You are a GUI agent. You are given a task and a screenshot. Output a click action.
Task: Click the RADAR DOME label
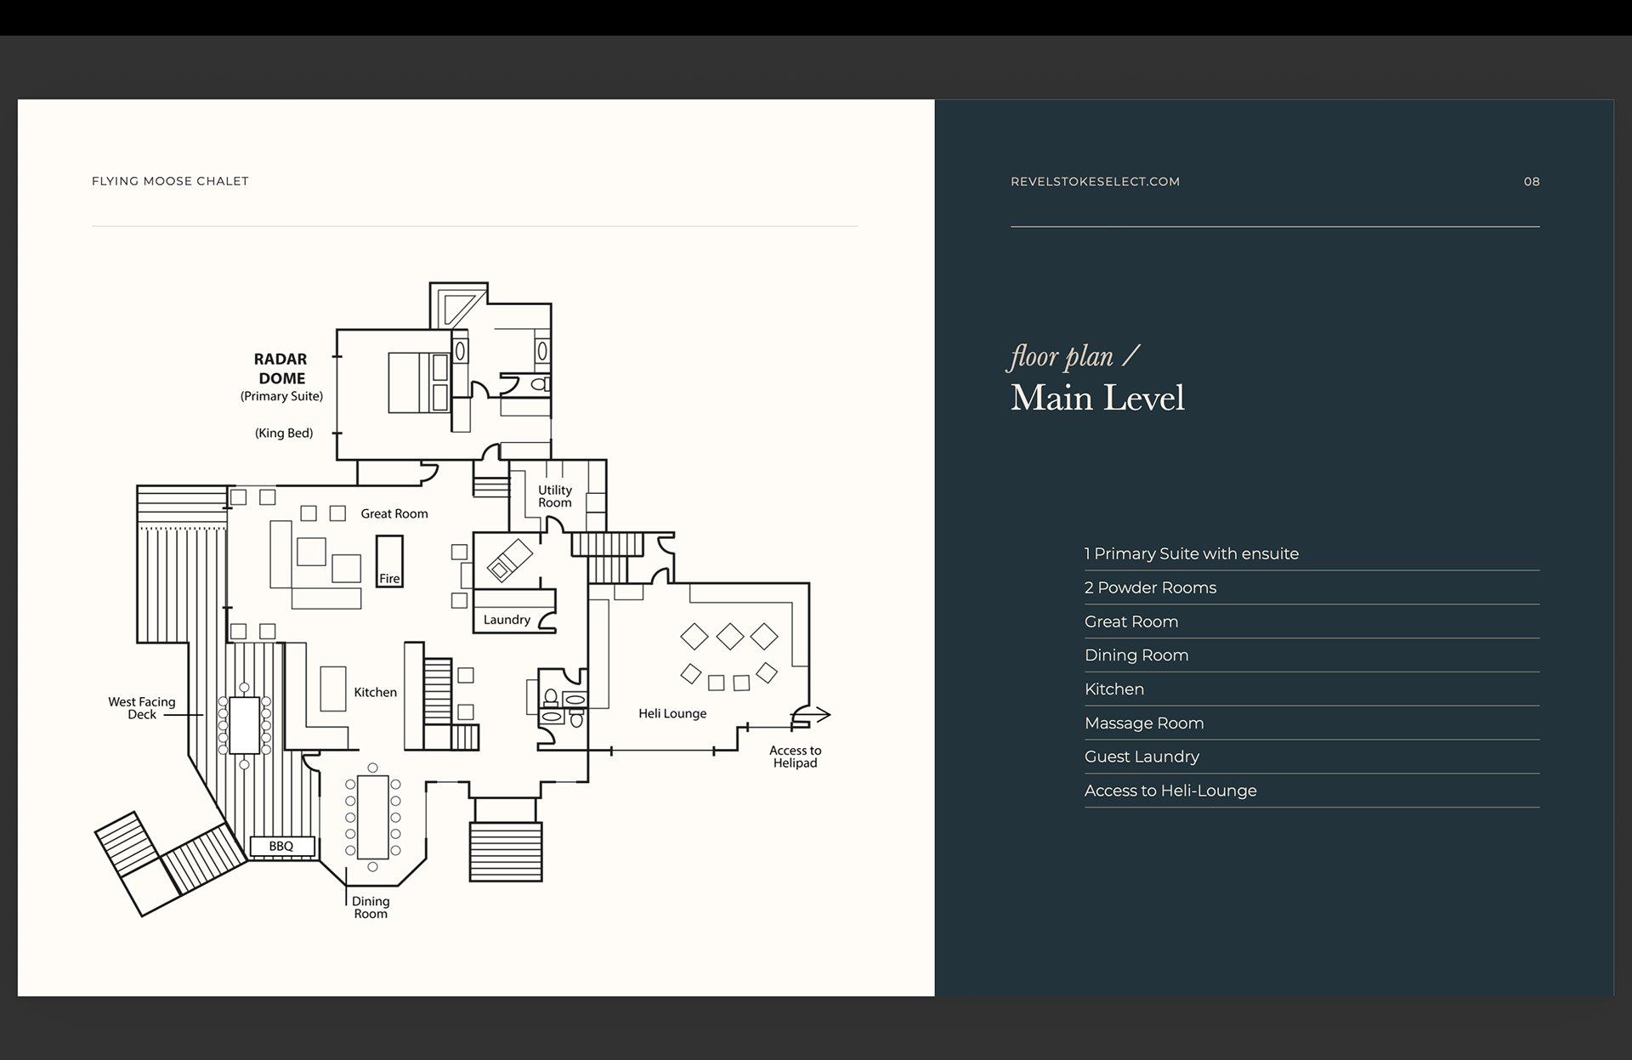[x=280, y=369]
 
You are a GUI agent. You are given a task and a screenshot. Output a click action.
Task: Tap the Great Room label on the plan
[x=394, y=513]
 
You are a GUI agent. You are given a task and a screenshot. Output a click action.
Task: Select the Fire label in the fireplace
[x=389, y=579]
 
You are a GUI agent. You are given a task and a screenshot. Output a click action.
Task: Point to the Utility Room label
[x=555, y=496]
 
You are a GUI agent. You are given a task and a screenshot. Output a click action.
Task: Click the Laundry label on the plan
[x=507, y=620]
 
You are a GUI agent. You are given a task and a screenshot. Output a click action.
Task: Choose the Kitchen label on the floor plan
[x=375, y=693]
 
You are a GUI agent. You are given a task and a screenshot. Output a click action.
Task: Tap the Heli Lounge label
[x=672, y=714]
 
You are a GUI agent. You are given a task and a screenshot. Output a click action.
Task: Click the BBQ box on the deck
[x=281, y=847]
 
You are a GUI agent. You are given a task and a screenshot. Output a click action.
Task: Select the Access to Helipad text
[x=795, y=757]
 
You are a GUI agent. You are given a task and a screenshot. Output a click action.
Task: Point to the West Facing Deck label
[x=142, y=708]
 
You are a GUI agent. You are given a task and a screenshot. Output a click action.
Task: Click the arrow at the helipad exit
[x=817, y=715]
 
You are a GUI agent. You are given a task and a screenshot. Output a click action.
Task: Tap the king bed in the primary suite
[x=418, y=383]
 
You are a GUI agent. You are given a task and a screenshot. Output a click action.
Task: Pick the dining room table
[x=373, y=817]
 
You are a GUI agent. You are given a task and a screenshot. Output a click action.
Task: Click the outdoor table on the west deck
[x=244, y=725]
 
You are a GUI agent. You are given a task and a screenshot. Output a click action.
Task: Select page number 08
[x=1531, y=182]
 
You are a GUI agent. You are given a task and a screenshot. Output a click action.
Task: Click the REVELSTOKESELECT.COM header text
[x=1095, y=182]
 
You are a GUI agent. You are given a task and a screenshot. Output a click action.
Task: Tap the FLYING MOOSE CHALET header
[x=170, y=181]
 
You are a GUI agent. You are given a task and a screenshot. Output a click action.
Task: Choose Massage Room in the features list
[x=1144, y=723]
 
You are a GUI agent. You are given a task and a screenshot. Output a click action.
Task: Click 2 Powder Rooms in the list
[x=1150, y=588]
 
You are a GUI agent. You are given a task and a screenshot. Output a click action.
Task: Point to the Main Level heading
[x=1097, y=398]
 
